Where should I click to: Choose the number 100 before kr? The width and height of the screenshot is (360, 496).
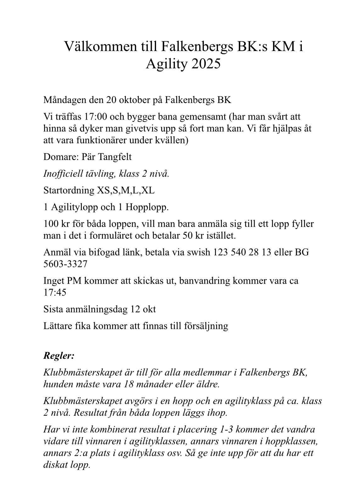[x=50, y=224]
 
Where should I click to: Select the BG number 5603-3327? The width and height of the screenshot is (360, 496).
[x=65, y=264]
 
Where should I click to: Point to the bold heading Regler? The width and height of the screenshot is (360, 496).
[x=59, y=356]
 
